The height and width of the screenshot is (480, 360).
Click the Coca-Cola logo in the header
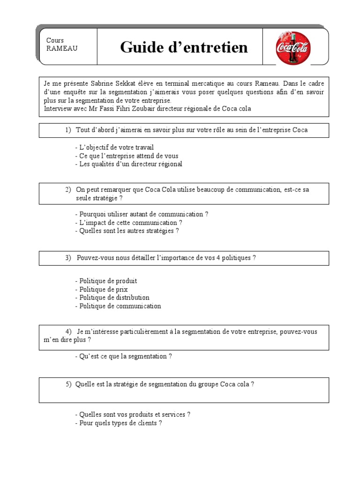(x=293, y=48)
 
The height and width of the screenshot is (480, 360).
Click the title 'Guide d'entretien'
(x=184, y=47)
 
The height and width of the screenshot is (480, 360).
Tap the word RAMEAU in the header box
(x=62, y=48)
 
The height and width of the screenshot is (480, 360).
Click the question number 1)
(x=68, y=130)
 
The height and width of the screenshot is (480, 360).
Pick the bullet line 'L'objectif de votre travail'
(x=114, y=147)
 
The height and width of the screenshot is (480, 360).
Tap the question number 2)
(x=68, y=189)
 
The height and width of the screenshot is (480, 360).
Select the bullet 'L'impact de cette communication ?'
(x=128, y=223)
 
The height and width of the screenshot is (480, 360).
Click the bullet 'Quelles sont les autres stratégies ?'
(x=127, y=231)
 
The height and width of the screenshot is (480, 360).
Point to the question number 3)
(x=68, y=258)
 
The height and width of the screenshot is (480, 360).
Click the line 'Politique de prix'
(x=101, y=289)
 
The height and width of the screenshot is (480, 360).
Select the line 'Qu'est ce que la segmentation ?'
(x=123, y=356)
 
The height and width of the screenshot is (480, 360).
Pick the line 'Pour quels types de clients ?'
(x=118, y=423)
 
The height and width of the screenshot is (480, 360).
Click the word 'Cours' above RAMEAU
(x=55, y=40)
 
